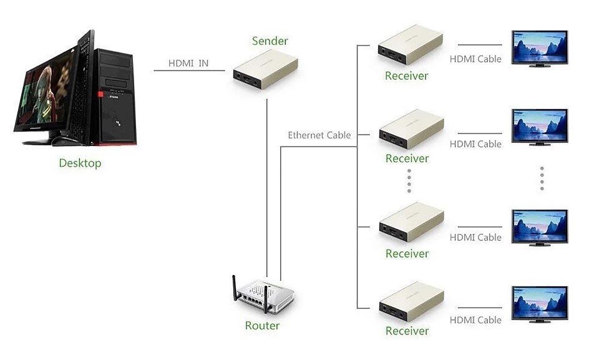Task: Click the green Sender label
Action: [x=270, y=41]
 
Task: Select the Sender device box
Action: [x=266, y=69]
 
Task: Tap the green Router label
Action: [x=262, y=326]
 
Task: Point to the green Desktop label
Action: [x=80, y=163]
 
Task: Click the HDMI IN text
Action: [x=188, y=63]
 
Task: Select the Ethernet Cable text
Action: [x=319, y=135]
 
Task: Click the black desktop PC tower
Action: [x=115, y=97]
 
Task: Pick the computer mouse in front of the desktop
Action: [x=64, y=140]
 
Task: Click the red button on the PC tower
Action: [x=100, y=94]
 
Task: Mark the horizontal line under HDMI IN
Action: [x=189, y=71]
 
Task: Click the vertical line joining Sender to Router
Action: [x=266, y=188]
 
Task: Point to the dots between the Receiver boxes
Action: [x=409, y=181]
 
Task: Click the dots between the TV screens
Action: [x=542, y=178]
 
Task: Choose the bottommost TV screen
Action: [x=539, y=304]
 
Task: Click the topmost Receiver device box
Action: [x=411, y=45]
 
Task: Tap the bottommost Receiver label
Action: [x=407, y=331]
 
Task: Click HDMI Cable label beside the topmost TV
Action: [x=475, y=59]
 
